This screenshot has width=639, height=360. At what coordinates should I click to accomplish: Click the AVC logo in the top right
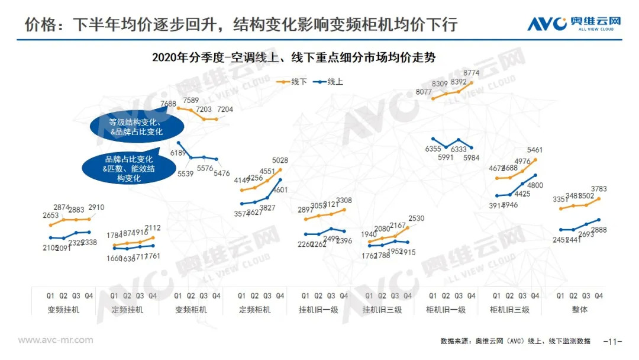[x=574, y=23]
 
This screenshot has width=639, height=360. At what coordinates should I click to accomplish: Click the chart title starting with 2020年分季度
[x=293, y=57]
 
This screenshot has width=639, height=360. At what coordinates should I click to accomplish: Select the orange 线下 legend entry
[x=294, y=82]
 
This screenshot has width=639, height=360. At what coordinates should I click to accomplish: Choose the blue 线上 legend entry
[x=330, y=82]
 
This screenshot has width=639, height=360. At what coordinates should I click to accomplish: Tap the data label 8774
[x=472, y=73]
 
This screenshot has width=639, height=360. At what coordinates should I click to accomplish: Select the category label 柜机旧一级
[x=446, y=310]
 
